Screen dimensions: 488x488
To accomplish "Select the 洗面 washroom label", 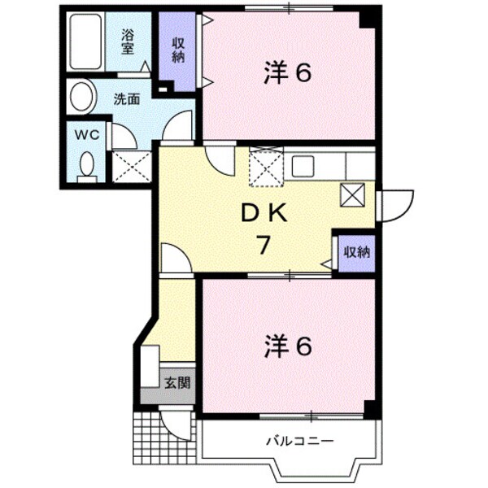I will (126, 99).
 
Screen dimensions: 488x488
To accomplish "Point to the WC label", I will (87, 135).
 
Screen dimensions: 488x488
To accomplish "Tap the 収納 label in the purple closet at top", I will (178, 50).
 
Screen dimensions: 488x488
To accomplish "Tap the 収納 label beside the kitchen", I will (355, 252).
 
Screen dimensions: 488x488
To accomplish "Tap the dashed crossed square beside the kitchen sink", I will (264, 167).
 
